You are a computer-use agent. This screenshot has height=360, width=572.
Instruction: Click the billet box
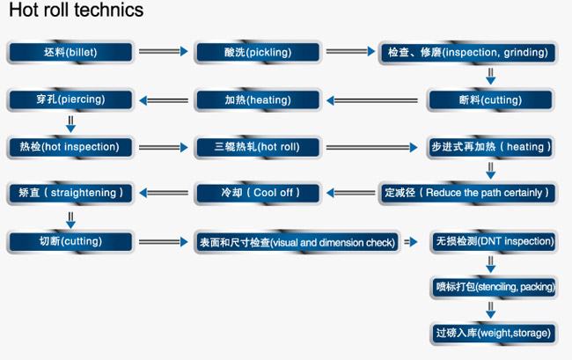(x=70, y=52)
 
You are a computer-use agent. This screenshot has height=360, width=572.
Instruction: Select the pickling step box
(x=258, y=52)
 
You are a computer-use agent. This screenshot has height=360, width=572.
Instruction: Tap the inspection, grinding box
(x=468, y=53)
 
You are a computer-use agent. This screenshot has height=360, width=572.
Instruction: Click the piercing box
(x=70, y=99)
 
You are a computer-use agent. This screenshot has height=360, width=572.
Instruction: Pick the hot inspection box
(x=70, y=147)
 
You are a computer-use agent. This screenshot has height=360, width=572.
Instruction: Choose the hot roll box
(x=258, y=147)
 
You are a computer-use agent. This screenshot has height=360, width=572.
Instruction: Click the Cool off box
(x=258, y=193)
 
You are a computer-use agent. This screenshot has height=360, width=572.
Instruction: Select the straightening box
(x=70, y=193)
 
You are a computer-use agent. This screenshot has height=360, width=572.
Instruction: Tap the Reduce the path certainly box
(x=468, y=193)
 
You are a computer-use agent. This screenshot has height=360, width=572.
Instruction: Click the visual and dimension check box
(x=297, y=242)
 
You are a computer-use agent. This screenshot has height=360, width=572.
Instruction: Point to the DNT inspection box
(x=494, y=241)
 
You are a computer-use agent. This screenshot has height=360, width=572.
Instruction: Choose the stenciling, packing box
(x=494, y=288)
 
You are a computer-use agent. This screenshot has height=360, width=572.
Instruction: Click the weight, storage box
(x=494, y=334)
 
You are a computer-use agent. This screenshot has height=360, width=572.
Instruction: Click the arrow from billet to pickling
(x=164, y=51)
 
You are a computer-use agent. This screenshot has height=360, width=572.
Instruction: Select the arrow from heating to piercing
(x=164, y=100)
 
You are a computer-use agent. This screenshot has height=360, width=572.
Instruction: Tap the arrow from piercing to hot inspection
(x=70, y=124)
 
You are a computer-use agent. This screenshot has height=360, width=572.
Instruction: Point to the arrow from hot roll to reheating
(x=371, y=147)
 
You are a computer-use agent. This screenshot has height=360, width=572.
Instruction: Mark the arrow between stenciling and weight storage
(x=491, y=310)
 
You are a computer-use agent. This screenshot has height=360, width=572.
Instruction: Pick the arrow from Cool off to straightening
(x=164, y=193)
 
